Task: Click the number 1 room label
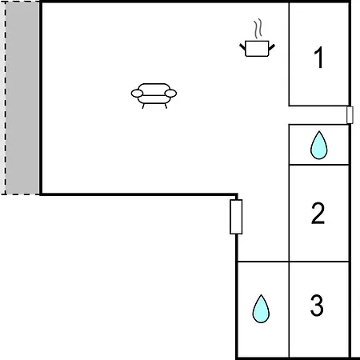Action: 319,58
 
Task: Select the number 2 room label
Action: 318,213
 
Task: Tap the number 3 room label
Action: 317,306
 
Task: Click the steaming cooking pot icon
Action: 257,38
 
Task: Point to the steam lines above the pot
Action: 258,28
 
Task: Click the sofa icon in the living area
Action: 154,96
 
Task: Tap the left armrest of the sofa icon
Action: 137,94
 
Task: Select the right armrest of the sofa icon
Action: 170,94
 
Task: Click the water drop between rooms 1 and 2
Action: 319,146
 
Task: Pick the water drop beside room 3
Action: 261,309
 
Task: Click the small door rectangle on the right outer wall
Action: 350,115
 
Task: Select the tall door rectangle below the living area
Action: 236,217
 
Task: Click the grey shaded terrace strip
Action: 23,98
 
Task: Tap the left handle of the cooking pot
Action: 242,47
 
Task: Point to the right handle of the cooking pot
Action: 271,47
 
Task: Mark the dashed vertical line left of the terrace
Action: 5,98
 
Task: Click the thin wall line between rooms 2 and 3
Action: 319,262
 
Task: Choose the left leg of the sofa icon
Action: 143,106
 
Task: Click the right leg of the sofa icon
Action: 166,106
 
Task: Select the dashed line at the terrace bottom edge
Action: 21,194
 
